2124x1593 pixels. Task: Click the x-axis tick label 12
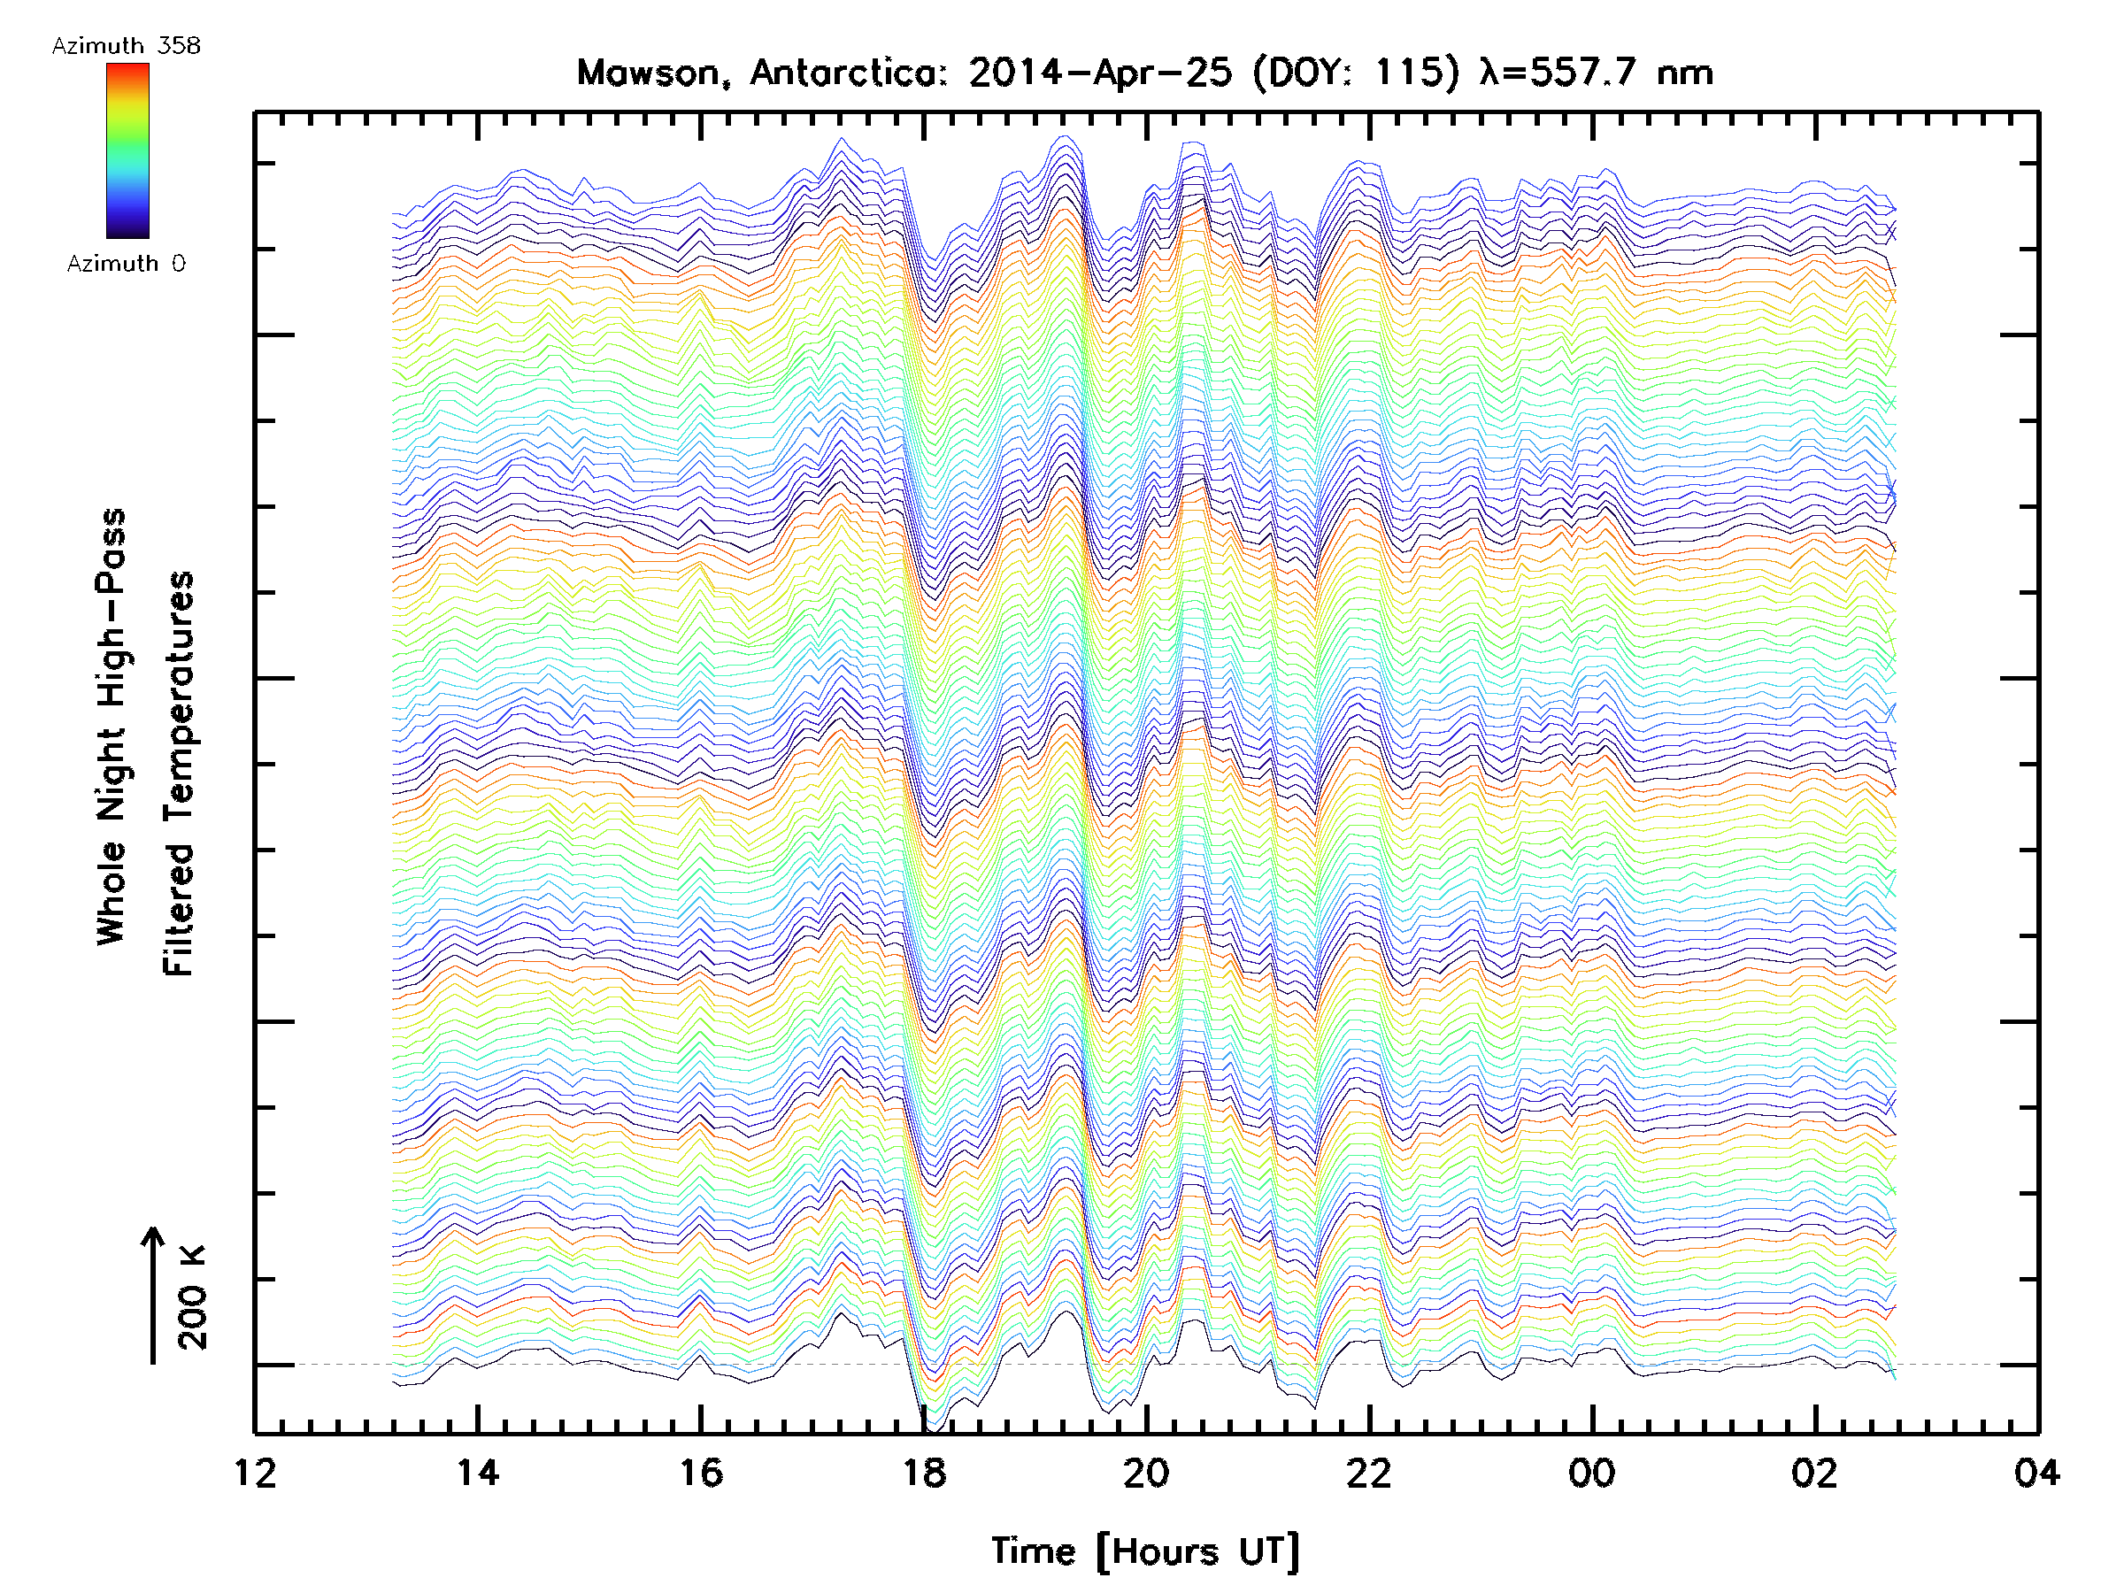tap(255, 1472)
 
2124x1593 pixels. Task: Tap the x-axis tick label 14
tap(477, 1472)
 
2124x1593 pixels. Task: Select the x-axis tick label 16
tap(701, 1472)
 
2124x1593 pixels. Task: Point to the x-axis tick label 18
tap(924, 1472)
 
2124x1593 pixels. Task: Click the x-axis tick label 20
tap(1146, 1472)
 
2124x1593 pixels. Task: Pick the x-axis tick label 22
tap(1369, 1472)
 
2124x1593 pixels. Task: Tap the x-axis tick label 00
tap(1592, 1472)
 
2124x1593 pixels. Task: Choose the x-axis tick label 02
tap(1815, 1472)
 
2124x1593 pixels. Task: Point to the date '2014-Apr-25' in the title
tap(1099, 73)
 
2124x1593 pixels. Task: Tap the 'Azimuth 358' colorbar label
tap(126, 46)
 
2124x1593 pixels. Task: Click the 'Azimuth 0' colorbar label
tap(126, 264)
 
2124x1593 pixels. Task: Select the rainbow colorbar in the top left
tap(127, 150)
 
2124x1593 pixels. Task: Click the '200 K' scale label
tap(193, 1297)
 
